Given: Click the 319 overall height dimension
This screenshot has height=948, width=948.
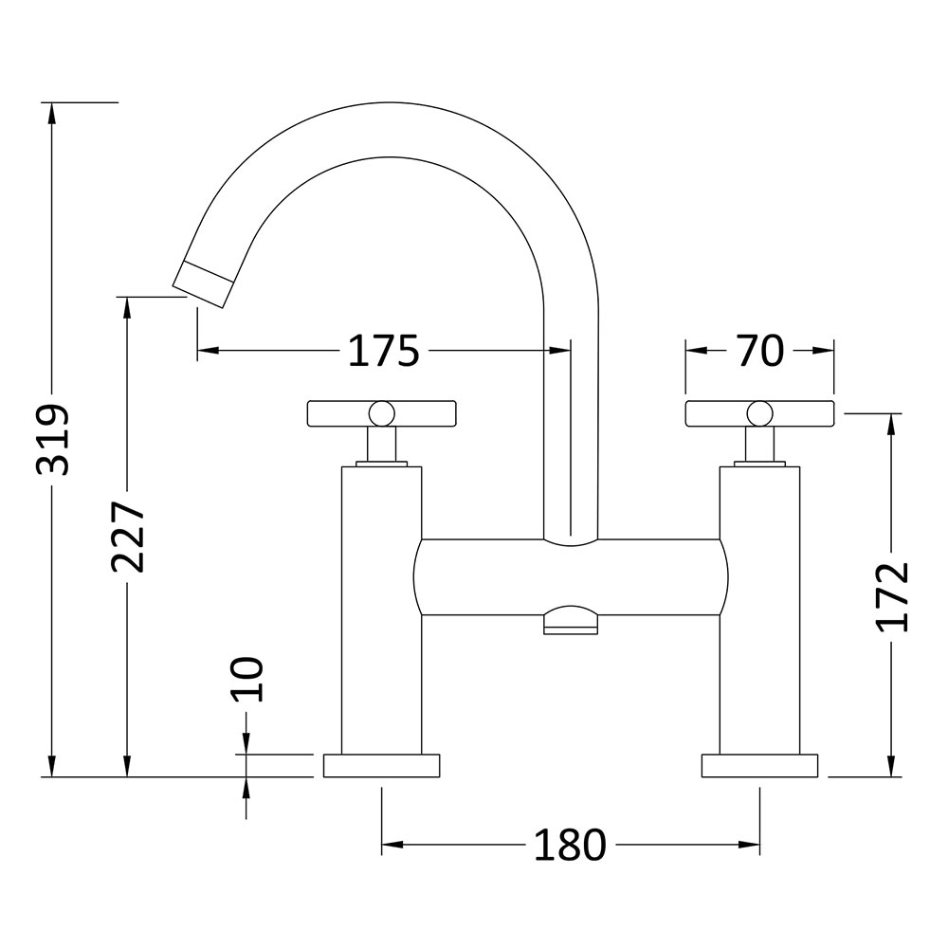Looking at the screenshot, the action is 53,440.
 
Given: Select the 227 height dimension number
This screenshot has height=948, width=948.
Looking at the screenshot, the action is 128,536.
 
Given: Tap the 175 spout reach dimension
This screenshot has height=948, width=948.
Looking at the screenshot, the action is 383,351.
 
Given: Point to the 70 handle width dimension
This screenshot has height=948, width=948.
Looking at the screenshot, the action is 760,351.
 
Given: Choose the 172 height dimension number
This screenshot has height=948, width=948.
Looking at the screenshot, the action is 893,596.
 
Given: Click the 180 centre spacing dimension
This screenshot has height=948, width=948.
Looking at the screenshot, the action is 570,846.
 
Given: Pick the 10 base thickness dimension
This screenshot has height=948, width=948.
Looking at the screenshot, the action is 247,679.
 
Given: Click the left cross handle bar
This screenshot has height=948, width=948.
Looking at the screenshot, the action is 381,414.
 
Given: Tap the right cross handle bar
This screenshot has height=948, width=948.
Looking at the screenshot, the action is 759,414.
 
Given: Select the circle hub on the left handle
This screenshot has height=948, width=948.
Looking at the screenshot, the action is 382,414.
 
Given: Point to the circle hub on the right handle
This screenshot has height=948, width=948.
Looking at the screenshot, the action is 760,414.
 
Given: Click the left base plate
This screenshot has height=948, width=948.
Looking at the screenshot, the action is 381,765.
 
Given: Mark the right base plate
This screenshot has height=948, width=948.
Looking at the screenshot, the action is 759,765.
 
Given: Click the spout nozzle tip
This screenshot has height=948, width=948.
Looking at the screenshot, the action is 203,284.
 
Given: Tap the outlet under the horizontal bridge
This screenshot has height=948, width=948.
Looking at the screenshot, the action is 571,621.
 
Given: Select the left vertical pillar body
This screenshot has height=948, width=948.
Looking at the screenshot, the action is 381,611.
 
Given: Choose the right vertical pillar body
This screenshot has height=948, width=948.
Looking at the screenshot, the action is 759,611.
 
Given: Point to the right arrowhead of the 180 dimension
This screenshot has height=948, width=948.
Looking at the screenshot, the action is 749,846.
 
